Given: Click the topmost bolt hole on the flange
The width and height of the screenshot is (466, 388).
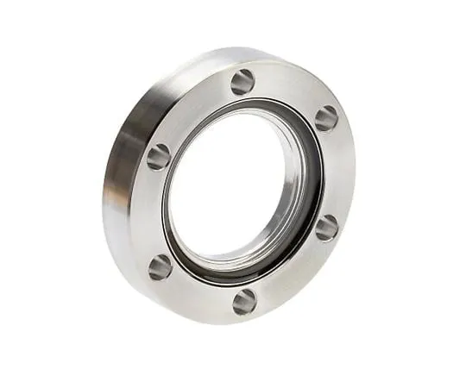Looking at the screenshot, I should click(242, 82).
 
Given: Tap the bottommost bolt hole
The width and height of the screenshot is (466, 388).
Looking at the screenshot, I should click(244, 301).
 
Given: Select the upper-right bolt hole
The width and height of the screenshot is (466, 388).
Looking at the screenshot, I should click(326, 118).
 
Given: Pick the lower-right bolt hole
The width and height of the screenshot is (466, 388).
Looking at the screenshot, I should click(326, 228).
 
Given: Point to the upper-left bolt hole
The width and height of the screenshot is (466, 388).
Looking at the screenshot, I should click(159, 156).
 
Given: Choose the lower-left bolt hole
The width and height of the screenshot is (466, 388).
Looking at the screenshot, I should click(161, 266).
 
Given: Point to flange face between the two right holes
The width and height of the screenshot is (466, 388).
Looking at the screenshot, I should click(337, 172).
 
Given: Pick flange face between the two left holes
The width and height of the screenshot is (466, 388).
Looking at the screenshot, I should click(152, 211).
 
